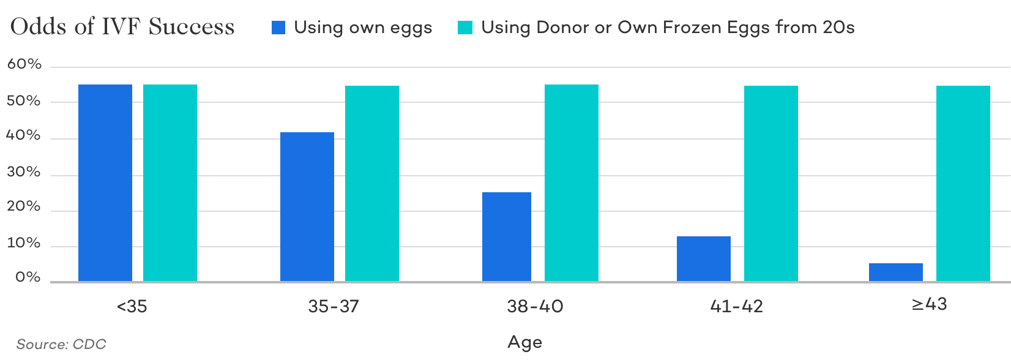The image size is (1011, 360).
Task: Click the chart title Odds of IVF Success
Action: pos(123,27)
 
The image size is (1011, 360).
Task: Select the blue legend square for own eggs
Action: pos(279,28)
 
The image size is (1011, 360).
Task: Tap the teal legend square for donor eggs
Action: pos(465,28)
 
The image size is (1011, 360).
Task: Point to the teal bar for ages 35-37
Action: pos(372,183)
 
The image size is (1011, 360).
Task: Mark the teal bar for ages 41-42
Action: pos(771,183)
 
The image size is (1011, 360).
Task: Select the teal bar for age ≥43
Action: pos(963,183)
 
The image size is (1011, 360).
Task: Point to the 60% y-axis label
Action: pos(24,64)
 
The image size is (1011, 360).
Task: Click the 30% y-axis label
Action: pos(24,173)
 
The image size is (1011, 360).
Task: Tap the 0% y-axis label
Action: pos(28,278)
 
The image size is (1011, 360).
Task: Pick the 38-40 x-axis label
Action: pos(535,306)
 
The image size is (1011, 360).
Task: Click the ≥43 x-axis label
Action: pos(929,304)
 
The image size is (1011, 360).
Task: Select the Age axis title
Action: pos(524,342)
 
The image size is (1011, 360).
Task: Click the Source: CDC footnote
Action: pos(57,344)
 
